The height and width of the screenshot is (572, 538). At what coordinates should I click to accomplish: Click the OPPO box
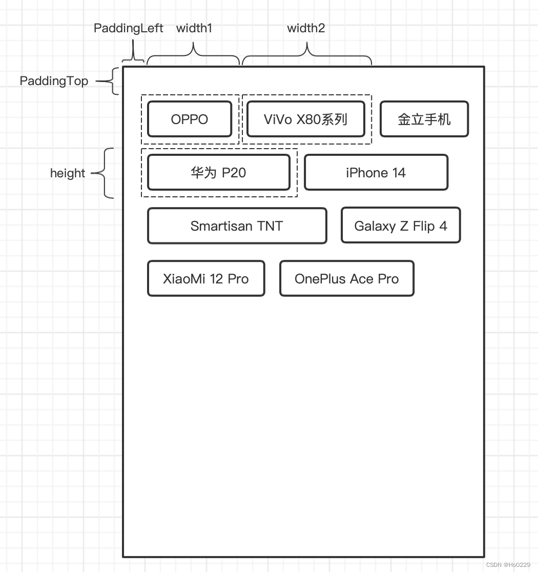190,119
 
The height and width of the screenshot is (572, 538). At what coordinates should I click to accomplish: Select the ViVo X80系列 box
306,119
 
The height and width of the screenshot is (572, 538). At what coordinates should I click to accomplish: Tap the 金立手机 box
424,119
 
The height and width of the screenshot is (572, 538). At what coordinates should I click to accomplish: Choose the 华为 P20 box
219,173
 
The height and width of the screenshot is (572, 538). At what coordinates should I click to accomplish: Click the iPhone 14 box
376,173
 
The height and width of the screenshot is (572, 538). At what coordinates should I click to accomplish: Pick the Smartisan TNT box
237,226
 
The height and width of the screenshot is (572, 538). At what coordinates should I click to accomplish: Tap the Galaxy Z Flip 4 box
401,226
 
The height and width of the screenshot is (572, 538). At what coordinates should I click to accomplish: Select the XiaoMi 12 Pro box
206,279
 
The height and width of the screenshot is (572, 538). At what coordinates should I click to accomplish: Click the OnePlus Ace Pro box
347,279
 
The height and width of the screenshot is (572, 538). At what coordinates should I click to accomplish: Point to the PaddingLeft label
129,28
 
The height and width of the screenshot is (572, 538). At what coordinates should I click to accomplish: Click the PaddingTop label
54,81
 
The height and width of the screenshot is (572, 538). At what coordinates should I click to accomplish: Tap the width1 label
194,28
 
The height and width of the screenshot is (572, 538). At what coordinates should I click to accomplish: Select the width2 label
306,28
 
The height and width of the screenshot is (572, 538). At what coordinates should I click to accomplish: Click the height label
68,173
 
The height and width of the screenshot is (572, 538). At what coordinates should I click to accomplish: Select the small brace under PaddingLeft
133,58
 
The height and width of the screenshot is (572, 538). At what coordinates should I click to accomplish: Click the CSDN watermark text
508,565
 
